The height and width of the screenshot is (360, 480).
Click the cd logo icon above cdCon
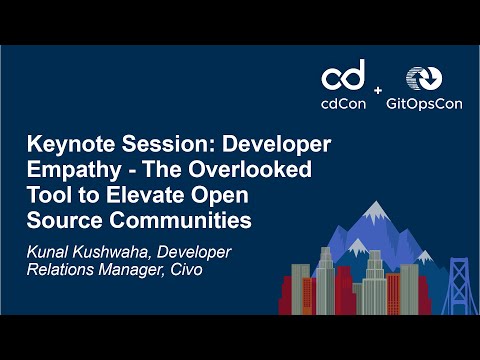(x=342, y=76)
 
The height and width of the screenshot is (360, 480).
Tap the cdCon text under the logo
(x=342, y=103)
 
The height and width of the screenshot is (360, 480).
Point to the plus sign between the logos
(x=378, y=91)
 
